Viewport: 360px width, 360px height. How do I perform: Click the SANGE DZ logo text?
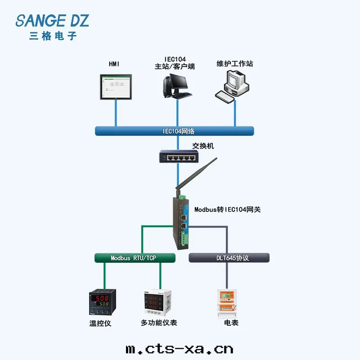[x=52, y=20]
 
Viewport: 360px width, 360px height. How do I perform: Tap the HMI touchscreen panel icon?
[x=116, y=88]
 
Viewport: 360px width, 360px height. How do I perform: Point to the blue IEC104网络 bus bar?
[x=175, y=131]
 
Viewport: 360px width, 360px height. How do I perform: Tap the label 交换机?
[x=203, y=146]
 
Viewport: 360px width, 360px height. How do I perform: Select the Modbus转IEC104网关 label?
[x=227, y=209]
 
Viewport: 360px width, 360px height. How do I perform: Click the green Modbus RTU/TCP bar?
[x=135, y=258]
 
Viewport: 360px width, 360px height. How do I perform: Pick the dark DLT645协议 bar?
[x=229, y=258]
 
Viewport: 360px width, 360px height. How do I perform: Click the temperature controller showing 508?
[x=103, y=303]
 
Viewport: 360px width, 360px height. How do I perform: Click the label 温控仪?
[x=100, y=323]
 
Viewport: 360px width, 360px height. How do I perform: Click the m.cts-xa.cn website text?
[x=179, y=348]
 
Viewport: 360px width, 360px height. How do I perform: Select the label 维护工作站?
[x=235, y=64]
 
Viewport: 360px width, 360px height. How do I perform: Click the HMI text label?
[x=114, y=64]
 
